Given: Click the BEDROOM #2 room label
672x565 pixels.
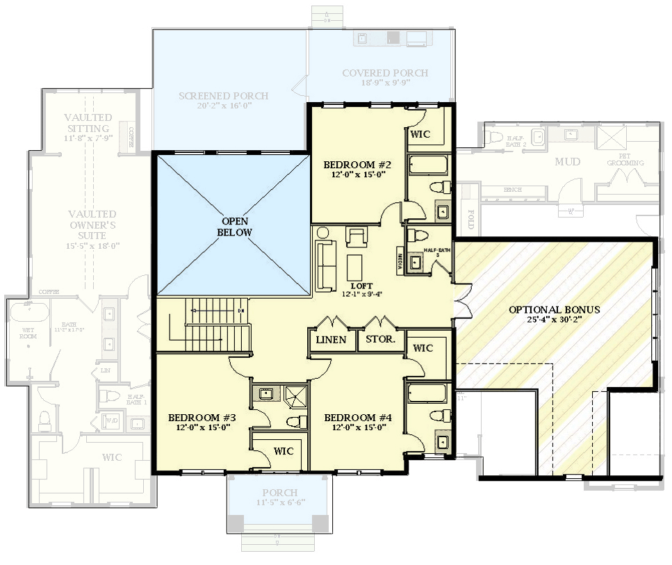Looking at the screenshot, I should click(x=358, y=165).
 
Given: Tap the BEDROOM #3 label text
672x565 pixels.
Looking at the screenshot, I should click(x=202, y=418).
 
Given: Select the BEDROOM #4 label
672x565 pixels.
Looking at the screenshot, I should click(x=358, y=418).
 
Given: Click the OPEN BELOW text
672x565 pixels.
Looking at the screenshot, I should click(x=234, y=227).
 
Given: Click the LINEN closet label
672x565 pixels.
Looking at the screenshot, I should click(x=331, y=340).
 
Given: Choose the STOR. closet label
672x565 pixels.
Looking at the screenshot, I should click(x=380, y=340).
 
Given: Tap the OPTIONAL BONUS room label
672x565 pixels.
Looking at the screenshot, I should click(x=554, y=309).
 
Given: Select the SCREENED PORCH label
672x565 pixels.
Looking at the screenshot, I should click(x=223, y=96).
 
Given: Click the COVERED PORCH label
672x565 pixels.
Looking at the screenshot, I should click(x=385, y=73).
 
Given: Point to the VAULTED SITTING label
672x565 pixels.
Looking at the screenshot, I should click(x=87, y=123).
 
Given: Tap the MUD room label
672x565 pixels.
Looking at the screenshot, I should click(x=567, y=162).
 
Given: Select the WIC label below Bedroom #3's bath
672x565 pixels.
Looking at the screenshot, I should click(x=284, y=451).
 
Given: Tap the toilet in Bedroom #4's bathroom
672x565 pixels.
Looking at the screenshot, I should click(x=438, y=416).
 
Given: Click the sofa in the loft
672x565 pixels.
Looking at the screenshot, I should click(x=325, y=266).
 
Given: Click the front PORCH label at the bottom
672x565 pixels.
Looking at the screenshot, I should click(x=276, y=493).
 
